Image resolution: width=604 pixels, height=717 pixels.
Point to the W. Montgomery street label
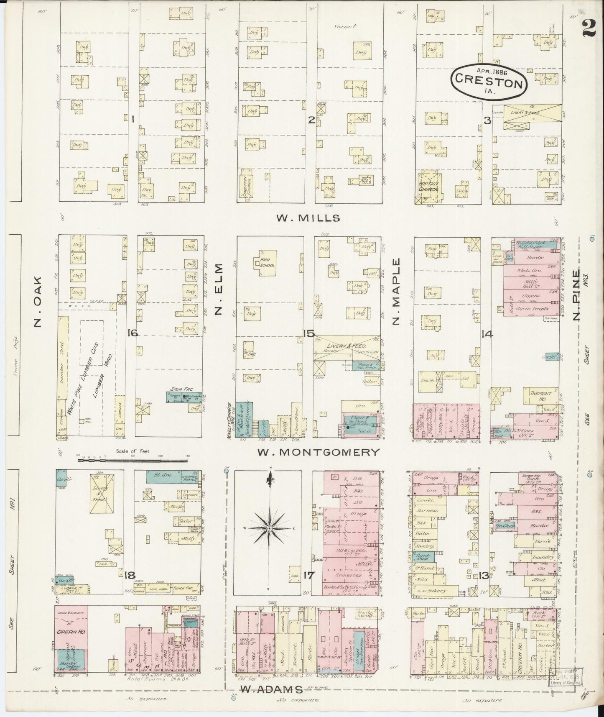click(319, 452)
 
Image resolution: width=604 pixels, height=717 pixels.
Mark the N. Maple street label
click(396, 291)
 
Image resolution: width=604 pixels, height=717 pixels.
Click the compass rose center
click(270, 529)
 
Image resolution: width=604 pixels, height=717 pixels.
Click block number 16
click(133, 333)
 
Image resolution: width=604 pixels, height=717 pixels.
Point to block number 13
click(484, 576)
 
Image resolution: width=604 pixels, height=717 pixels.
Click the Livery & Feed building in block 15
click(347, 346)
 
